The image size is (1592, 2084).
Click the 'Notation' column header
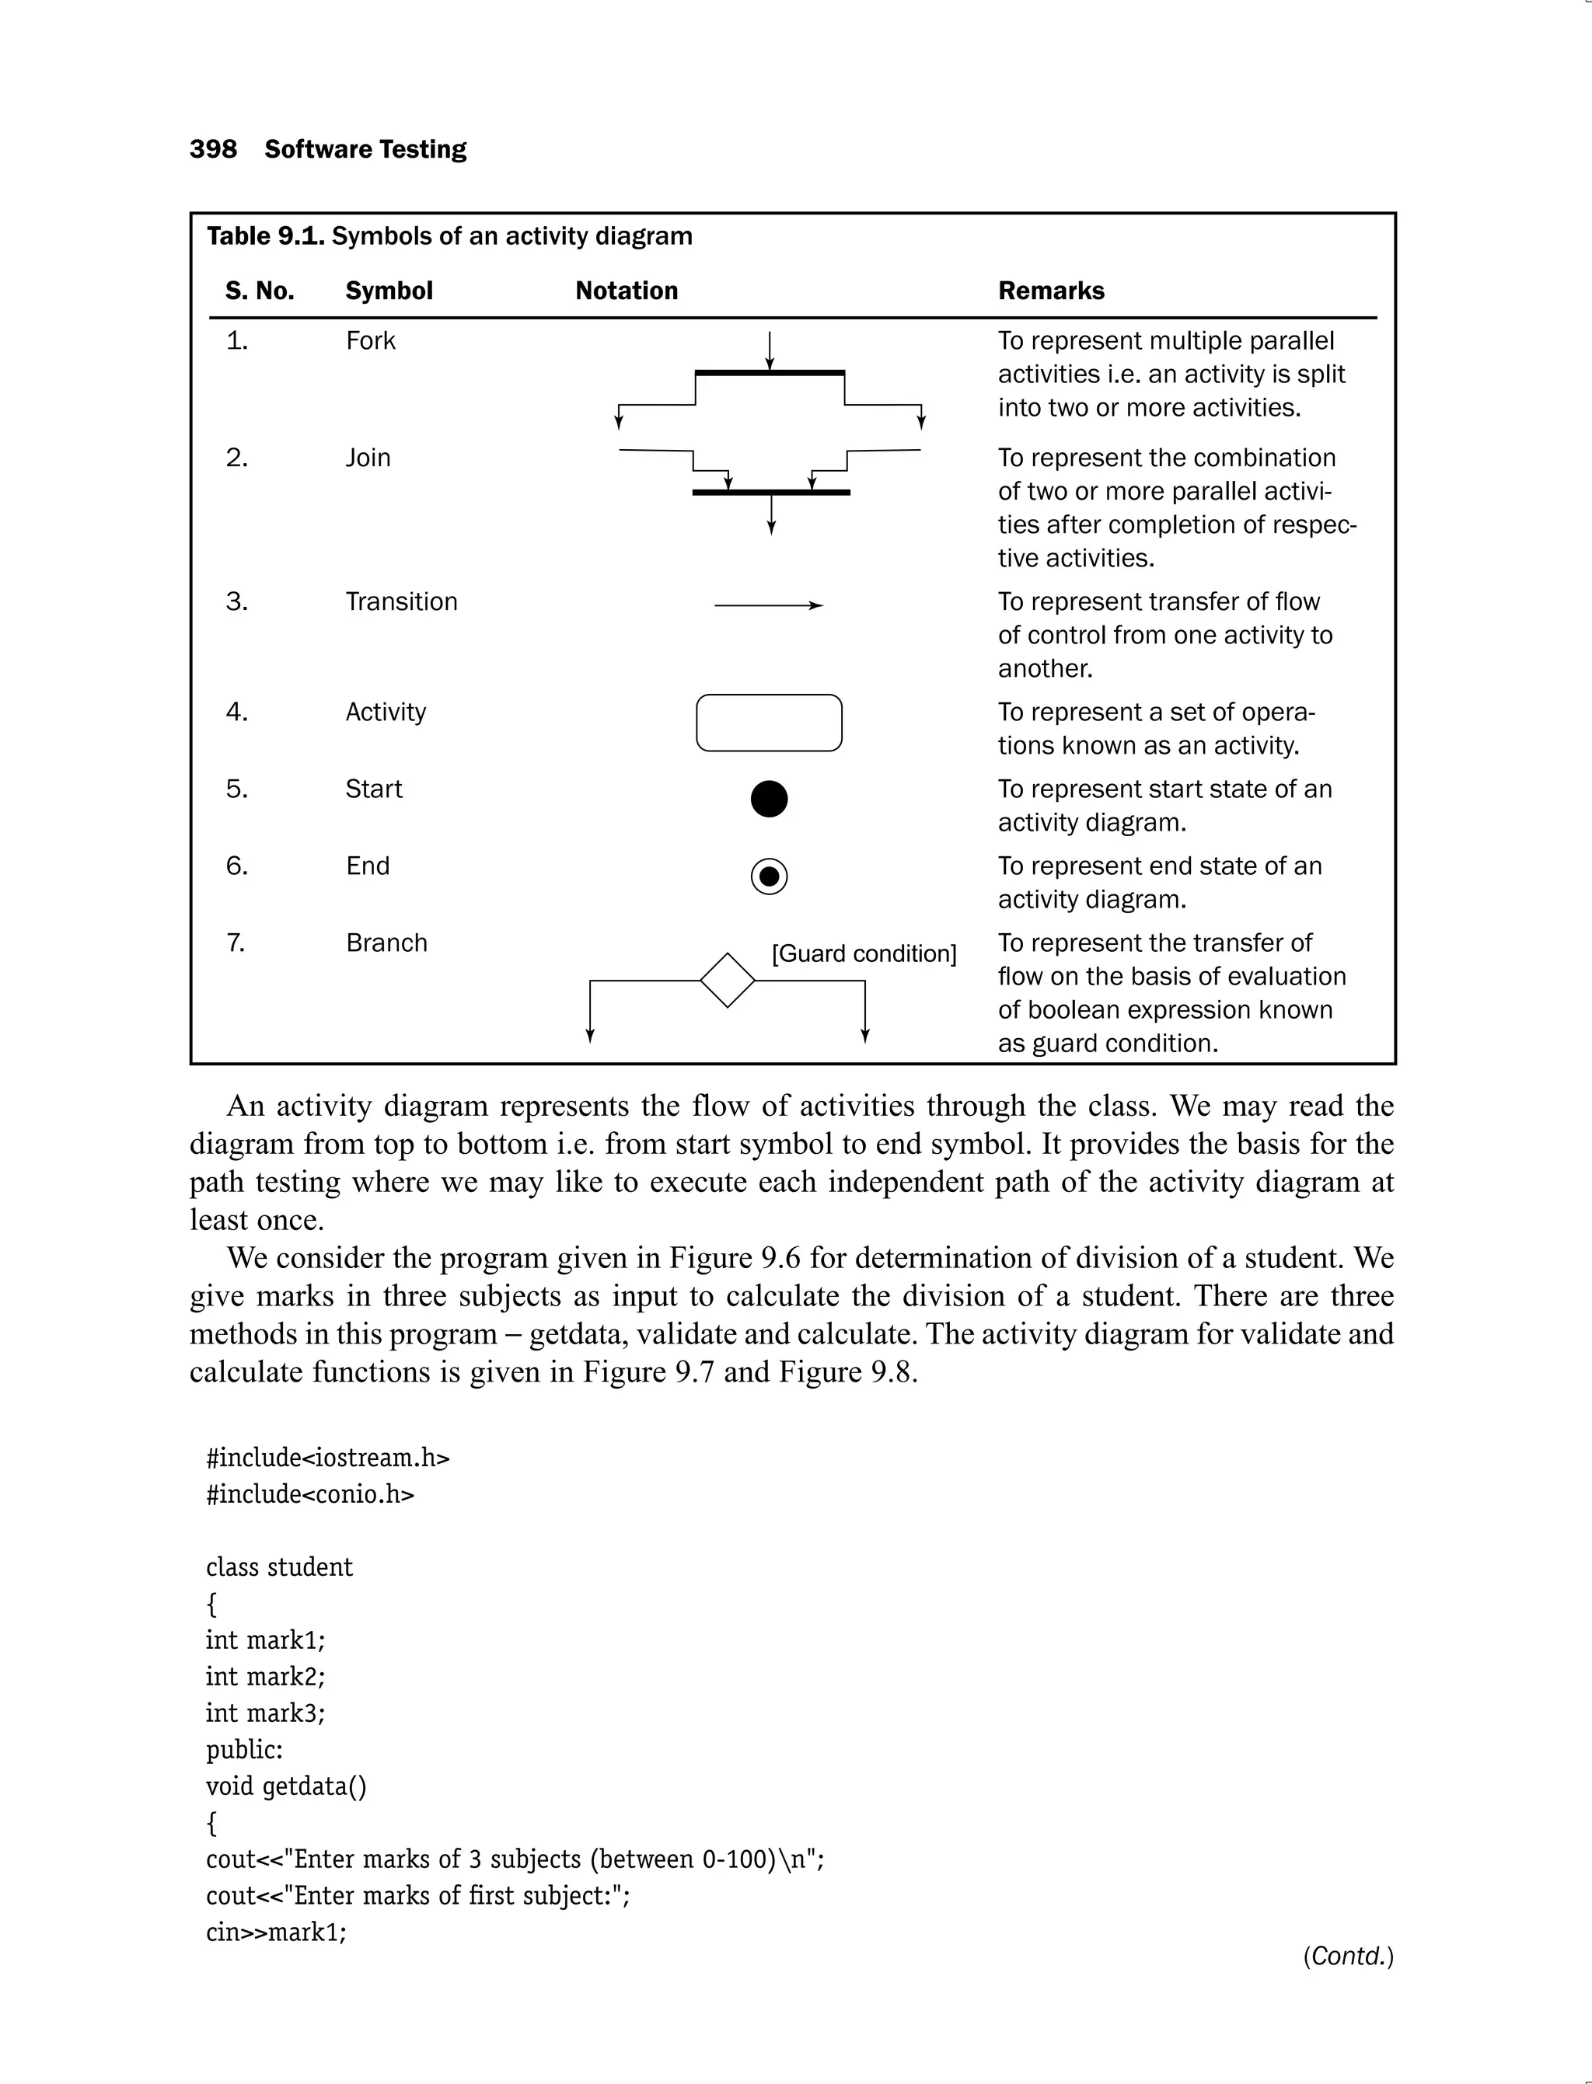pos(627,291)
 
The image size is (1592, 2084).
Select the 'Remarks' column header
pos(1051,291)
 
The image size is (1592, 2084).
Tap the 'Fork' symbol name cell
pos(371,341)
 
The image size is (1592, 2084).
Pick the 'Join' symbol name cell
pos(368,458)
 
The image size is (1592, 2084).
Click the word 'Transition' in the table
pos(401,601)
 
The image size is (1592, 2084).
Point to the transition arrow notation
pos(769,605)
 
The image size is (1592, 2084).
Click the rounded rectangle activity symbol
pos(769,723)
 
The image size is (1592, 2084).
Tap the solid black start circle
pos(769,799)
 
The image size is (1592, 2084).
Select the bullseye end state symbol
pos(769,876)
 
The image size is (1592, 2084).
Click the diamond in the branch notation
pos(727,981)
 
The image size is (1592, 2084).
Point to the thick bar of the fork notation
pos(770,373)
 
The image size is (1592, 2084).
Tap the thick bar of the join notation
pos(770,493)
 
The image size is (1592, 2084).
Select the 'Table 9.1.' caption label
pos(265,236)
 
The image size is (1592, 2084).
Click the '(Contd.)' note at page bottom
pos(1347,1956)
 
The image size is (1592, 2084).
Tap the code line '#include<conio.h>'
pos(310,1495)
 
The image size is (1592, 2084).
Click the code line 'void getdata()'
pos(285,1786)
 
